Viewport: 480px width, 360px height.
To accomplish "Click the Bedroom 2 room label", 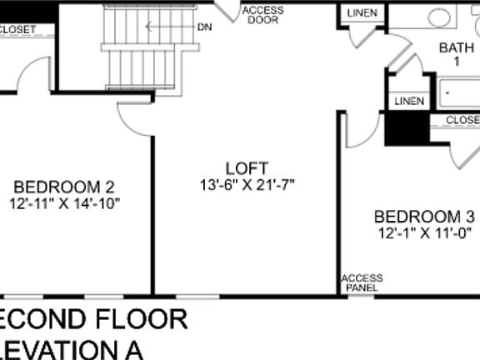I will (x=63, y=187).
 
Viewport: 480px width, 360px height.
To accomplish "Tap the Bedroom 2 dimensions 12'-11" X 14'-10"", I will (x=65, y=202).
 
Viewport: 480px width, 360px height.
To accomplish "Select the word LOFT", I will (x=247, y=167).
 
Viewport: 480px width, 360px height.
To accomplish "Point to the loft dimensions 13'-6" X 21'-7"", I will (x=247, y=183).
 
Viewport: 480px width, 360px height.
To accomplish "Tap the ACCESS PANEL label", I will (x=362, y=282).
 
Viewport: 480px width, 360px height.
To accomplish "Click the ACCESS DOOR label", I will (x=263, y=15).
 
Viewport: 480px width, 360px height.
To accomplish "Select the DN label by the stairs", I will (x=204, y=27).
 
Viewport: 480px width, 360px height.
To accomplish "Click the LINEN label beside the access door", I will (x=362, y=14).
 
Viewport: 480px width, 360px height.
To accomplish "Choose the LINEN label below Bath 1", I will (x=409, y=102).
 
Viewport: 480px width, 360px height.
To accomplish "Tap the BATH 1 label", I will (x=455, y=54).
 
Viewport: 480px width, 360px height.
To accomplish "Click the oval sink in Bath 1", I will (x=438, y=17).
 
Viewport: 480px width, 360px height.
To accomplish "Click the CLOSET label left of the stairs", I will (x=20, y=30).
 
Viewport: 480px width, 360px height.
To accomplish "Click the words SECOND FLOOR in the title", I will (x=92, y=318).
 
